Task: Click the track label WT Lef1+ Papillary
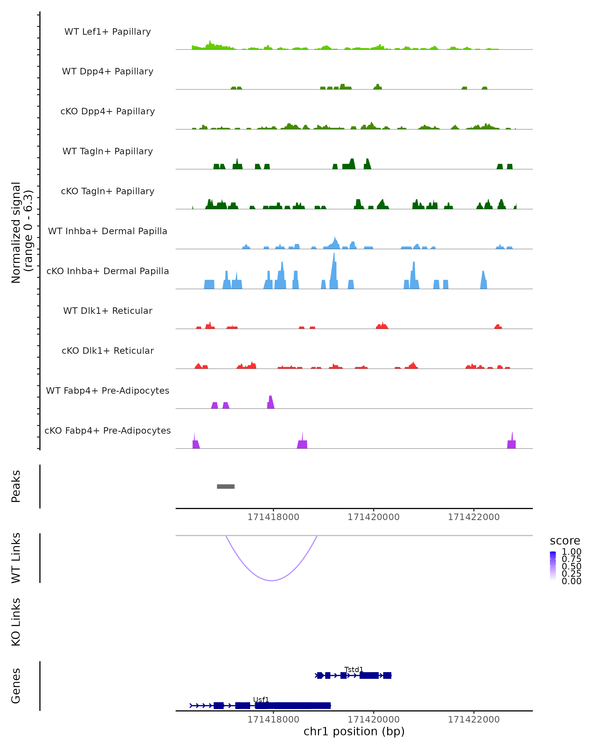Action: (108, 32)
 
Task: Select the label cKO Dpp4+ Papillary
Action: (108, 111)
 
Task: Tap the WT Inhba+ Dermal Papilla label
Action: (108, 231)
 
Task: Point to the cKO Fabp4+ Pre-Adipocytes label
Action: (108, 430)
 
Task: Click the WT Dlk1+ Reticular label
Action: (108, 311)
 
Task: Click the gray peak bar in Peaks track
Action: (226, 486)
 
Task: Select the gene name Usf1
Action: (261, 700)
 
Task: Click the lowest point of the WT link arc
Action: (272, 580)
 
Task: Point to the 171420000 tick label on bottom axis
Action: (374, 719)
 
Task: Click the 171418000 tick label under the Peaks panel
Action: (273, 517)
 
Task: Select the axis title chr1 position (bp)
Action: (354, 732)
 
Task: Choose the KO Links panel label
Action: (16, 622)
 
